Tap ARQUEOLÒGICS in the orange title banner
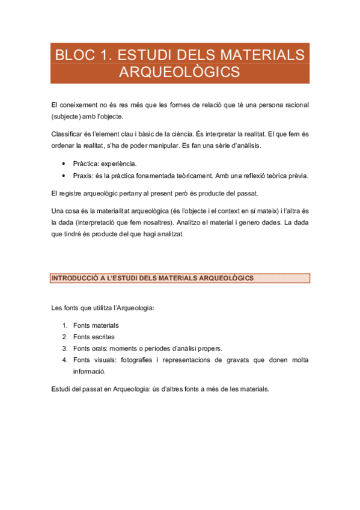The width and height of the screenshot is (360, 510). tap(180, 73)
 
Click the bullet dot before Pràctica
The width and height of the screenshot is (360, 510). tap(64, 164)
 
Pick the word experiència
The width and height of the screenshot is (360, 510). tap(119, 164)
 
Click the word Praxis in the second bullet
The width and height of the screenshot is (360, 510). tap(82, 176)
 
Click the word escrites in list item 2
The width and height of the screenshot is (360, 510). tap(103, 337)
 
